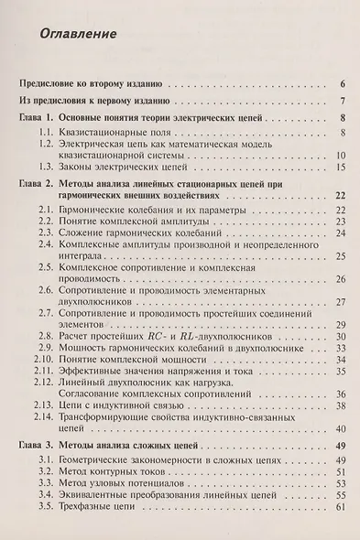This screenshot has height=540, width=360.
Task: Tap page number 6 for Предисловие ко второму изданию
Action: point(340,81)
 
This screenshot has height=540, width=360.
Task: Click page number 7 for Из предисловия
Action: point(340,101)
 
